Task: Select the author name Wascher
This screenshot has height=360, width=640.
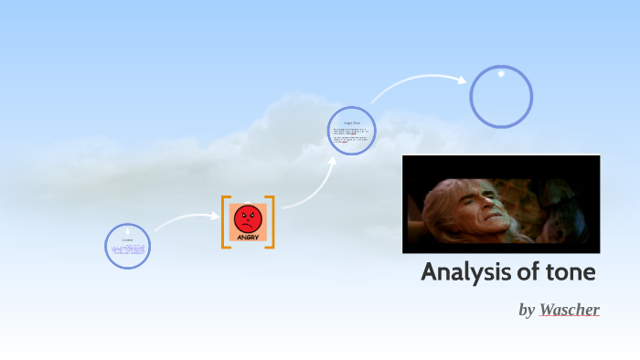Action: pos(569,310)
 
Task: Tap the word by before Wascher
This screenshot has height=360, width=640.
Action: pos(527,311)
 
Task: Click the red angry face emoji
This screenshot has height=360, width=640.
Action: pos(248,218)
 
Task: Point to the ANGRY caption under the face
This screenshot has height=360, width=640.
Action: pos(248,238)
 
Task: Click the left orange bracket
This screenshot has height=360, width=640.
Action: pos(225,222)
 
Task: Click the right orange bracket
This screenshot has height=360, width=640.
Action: pos(271,222)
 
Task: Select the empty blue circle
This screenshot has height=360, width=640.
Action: pos(501,97)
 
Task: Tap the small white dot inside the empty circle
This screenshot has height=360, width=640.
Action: pos(501,73)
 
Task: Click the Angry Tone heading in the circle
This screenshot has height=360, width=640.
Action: pos(352,122)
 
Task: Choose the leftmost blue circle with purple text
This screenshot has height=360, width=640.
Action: pos(128,247)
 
